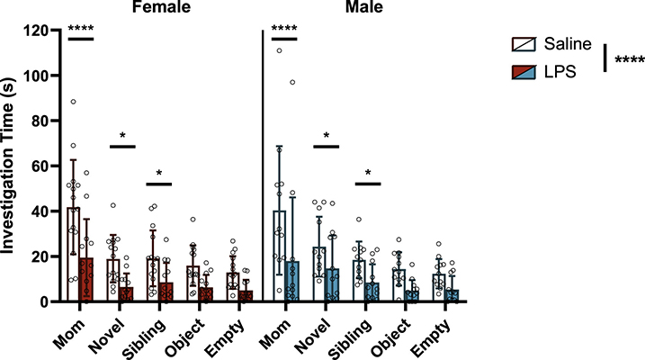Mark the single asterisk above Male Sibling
point(369,173)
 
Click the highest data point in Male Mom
point(280,50)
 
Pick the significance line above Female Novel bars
point(122,146)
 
